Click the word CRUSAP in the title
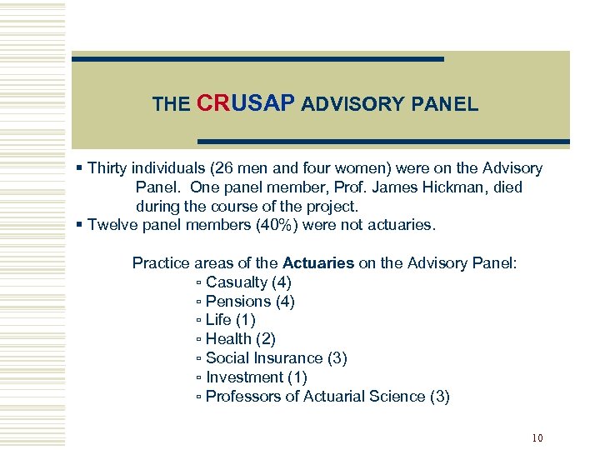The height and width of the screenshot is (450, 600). (x=246, y=103)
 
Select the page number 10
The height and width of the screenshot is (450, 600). (x=537, y=438)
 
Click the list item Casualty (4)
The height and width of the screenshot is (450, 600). (x=248, y=282)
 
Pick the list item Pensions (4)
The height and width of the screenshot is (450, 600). (x=250, y=302)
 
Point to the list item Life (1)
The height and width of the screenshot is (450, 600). (x=230, y=320)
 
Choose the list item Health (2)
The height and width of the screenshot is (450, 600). (x=240, y=339)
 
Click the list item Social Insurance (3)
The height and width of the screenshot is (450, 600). (x=276, y=358)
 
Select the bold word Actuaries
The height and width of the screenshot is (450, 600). (x=318, y=263)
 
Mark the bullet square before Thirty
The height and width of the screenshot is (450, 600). (x=79, y=168)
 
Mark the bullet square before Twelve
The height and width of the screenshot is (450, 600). (x=79, y=225)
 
